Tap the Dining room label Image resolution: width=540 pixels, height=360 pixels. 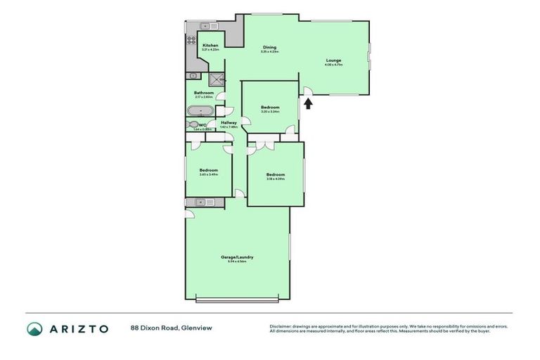click(x=269, y=47)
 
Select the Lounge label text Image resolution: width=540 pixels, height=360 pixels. click(x=333, y=60)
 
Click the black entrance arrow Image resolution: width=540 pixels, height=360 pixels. click(x=308, y=103)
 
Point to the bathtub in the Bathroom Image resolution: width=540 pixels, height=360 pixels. click(x=201, y=110)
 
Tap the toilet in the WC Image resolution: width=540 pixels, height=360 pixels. click(x=192, y=125)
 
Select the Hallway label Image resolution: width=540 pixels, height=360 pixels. click(x=229, y=123)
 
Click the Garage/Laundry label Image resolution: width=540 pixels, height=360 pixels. click(x=236, y=257)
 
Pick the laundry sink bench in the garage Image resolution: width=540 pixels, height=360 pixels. click(x=205, y=202)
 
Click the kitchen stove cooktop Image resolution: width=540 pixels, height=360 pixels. click(x=191, y=41)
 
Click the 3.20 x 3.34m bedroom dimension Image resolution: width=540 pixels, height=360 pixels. click(x=270, y=111)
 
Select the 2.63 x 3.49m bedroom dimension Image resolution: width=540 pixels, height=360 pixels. click(x=208, y=174)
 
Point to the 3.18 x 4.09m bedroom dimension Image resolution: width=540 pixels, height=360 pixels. click(x=275, y=179)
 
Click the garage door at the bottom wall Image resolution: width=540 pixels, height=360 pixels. click(x=238, y=301)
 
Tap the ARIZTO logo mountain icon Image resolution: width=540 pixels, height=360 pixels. click(x=34, y=328)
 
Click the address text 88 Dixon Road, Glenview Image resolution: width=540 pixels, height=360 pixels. click(x=170, y=328)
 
